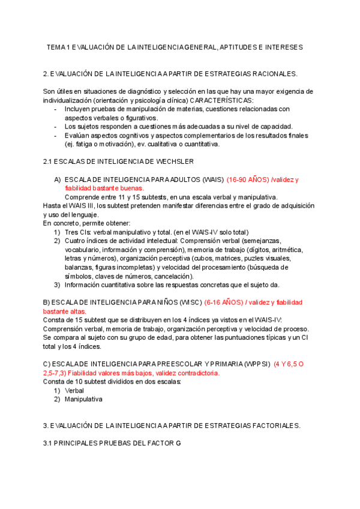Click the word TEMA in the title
[57, 47]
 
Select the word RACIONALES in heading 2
[274, 74]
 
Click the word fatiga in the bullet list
[85, 144]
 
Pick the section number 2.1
[48, 161]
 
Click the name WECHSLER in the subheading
[174, 161]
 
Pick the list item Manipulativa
[83, 399]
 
